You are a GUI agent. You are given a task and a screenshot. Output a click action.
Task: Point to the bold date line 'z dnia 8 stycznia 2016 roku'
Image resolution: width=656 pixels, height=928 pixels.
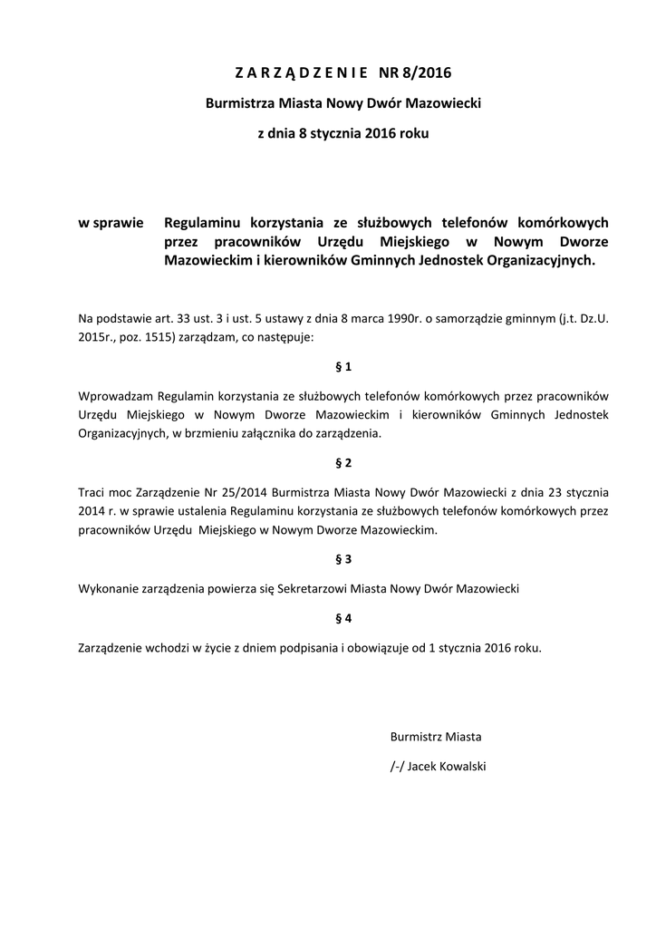pyautogui.click(x=343, y=134)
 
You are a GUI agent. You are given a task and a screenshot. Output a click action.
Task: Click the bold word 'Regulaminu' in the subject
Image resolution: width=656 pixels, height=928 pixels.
pyautogui.click(x=204, y=222)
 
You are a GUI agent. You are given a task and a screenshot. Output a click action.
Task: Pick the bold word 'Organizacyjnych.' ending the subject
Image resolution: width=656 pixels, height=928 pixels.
pyautogui.click(x=546, y=260)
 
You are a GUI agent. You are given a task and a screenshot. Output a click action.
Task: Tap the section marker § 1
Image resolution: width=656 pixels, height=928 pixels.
pyautogui.click(x=343, y=367)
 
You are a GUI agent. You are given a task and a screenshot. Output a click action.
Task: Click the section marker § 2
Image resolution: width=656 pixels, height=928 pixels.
pyautogui.click(x=343, y=463)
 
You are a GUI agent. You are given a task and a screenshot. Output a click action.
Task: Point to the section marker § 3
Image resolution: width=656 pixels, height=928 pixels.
pyautogui.click(x=343, y=559)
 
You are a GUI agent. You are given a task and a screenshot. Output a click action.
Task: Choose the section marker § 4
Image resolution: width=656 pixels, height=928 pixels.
pyautogui.click(x=343, y=618)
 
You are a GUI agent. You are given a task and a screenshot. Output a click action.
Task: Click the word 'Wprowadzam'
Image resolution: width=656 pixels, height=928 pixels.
pyautogui.click(x=115, y=396)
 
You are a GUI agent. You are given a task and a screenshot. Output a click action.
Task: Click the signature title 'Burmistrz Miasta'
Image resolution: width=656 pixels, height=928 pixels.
pyautogui.click(x=436, y=736)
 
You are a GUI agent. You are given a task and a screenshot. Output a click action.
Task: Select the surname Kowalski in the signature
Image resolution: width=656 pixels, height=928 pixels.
pyautogui.click(x=461, y=767)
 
